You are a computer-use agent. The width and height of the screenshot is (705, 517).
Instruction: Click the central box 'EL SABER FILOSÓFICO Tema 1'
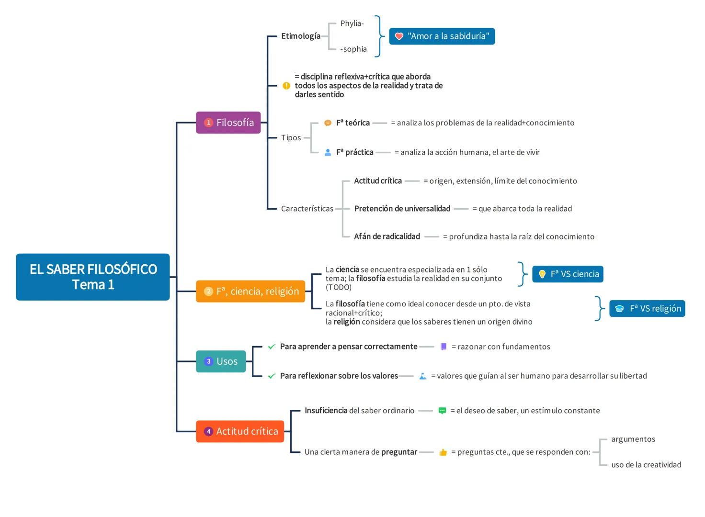click(x=93, y=277)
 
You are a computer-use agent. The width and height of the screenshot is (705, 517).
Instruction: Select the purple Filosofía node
click(x=228, y=123)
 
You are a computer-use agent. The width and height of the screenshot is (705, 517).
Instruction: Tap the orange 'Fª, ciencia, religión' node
click(x=250, y=291)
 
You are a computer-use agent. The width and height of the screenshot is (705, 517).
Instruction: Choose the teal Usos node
click(x=221, y=361)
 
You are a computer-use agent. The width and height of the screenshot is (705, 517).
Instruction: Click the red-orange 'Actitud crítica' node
click(x=240, y=431)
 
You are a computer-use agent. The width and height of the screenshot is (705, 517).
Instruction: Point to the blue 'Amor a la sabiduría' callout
click(x=442, y=36)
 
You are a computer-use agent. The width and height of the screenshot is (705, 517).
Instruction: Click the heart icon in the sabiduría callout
click(x=399, y=36)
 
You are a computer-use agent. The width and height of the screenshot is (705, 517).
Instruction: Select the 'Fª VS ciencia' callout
click(x=568, y=274)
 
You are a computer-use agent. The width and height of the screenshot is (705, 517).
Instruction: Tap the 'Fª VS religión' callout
click(x=647, y=309)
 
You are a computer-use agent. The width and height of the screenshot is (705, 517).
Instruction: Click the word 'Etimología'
click(x=301, y=36)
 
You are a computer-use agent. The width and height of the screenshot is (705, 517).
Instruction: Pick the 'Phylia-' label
click(x=352, y=23)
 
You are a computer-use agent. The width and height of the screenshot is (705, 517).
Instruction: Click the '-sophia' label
click(x=353, y=49)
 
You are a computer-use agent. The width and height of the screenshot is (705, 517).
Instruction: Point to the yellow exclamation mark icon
click(x=286, y=86)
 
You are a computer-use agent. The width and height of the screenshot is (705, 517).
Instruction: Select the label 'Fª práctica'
click(x=355, y=152)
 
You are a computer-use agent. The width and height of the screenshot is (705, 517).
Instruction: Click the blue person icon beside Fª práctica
click(x=328, y=152)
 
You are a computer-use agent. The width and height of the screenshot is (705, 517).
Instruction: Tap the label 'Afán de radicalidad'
click(x=387, y=236)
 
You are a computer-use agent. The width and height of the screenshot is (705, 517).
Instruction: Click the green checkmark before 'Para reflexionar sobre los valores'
click(x=272, y=376)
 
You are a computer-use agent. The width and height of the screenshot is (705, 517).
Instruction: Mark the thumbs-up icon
click(x=443, y=452)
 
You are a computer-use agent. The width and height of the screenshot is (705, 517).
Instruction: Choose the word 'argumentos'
click(x=633, y=439)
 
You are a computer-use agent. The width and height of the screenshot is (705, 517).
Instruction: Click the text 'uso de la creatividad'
click(x=646, y=465)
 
